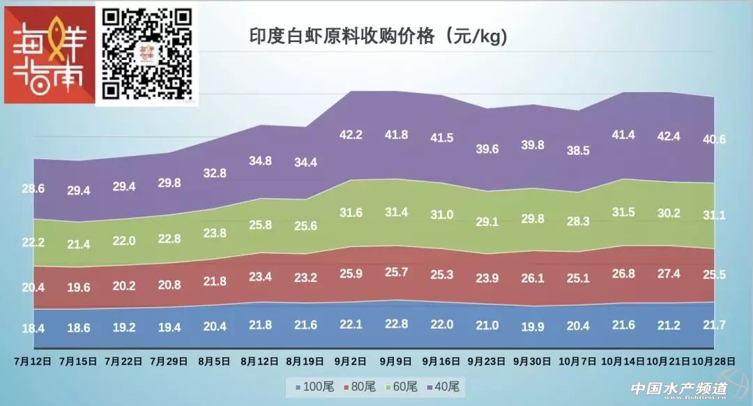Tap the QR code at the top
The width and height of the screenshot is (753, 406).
147,53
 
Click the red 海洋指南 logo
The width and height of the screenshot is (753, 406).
50,55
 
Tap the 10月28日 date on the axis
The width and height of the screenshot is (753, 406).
713,361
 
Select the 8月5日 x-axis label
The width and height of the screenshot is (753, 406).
214,361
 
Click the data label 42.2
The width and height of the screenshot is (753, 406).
350,154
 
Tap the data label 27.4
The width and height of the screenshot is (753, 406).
667,273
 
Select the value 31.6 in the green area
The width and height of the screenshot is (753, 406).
350,212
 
